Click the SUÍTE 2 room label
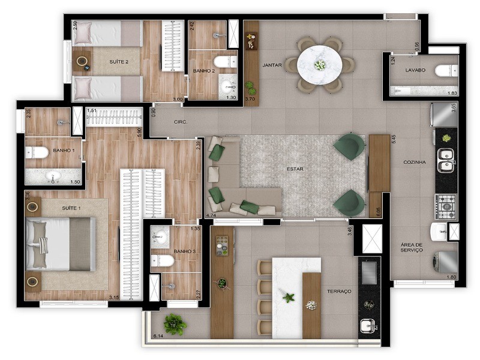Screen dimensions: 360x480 119,61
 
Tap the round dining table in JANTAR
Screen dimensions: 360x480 320,64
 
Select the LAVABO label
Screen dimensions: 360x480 415,70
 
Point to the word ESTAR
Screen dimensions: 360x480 295,169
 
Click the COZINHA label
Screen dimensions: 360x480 415,162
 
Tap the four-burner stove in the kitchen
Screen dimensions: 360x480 446,206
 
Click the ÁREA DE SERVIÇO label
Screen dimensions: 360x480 412,247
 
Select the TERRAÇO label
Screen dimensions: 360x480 339,291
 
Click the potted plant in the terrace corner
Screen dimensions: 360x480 175,324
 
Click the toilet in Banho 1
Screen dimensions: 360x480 37,153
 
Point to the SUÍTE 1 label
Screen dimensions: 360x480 71,208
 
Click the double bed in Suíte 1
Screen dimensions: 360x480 60,244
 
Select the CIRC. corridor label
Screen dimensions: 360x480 181,122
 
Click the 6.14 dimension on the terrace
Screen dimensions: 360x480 159,335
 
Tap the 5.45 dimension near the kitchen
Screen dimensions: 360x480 393,138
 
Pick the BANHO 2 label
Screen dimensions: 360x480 202,71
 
